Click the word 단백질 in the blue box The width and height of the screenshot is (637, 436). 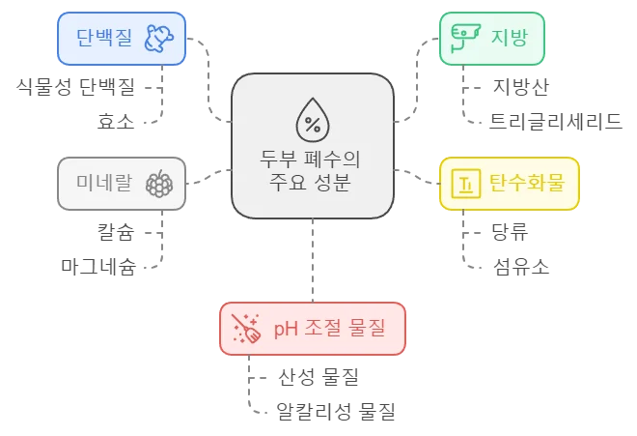pyautogui.click(x=106, y=38)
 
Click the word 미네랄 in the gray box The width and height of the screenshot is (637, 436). pyautogui.click(x=104, y=182)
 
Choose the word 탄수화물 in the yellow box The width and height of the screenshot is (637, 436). pyautogui.click(x=525, y=182)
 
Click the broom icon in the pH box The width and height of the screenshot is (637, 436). pyautogui.click(x=245, y=330)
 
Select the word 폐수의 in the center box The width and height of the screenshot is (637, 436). pyautogui.click(x=334, y=158)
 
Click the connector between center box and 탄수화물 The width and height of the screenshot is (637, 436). pyautogui.click(x=416, y=176)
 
